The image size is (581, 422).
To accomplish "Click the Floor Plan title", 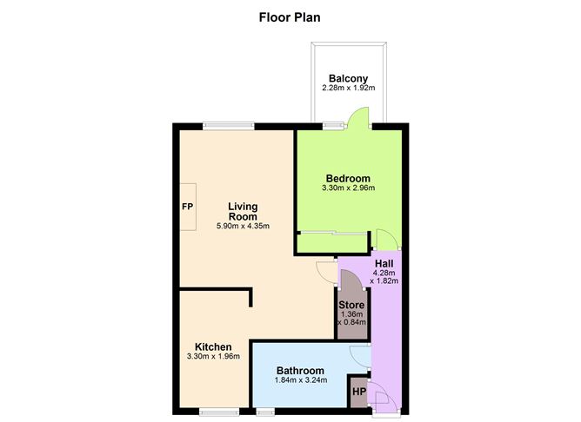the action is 290,17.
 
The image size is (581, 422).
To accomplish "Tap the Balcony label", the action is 348,78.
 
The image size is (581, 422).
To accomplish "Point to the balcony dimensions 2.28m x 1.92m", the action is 348,88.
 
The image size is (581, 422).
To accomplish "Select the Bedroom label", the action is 348,178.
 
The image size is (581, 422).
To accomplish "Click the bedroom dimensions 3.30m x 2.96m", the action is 348,188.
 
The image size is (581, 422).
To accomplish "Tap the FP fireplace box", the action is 188,207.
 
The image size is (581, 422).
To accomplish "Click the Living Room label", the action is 243,211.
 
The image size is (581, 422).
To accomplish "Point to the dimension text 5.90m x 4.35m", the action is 243,226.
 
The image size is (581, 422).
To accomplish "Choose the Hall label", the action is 384,264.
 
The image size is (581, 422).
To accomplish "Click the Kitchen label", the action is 213,347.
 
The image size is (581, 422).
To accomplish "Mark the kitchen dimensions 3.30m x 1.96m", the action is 213,357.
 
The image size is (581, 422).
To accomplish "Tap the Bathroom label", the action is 300,370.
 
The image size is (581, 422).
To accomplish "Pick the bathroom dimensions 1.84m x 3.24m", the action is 301,379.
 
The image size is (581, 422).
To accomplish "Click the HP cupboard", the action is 359,392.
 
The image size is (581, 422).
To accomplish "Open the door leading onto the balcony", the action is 358,117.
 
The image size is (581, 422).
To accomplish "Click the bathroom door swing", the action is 360,357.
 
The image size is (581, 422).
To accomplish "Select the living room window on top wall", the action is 229,126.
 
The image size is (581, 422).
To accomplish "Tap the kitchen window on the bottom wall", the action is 219,412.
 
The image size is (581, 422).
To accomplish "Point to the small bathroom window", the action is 265,412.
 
